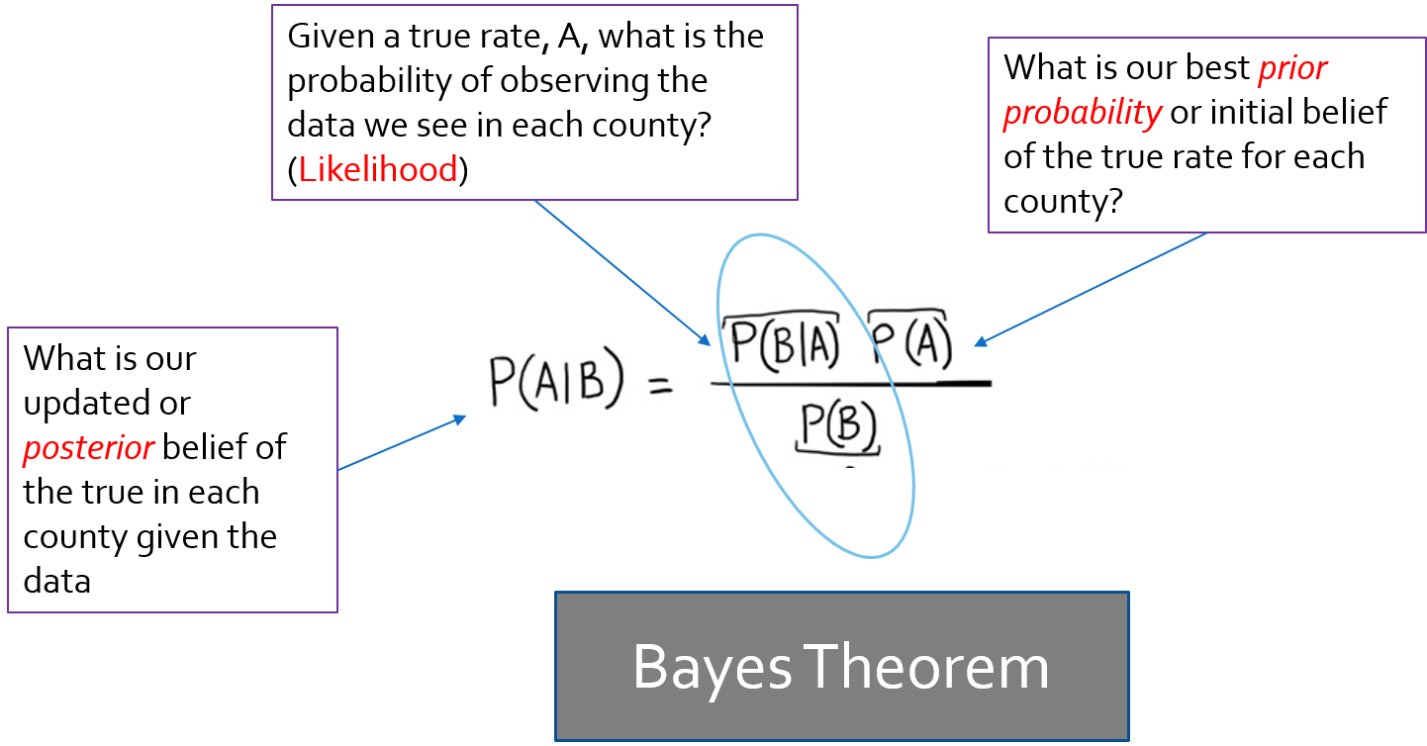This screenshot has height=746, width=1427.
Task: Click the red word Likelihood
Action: [378, 169]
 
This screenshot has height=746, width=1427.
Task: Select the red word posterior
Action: [88, 448]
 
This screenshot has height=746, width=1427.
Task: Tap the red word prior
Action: [1291, 69]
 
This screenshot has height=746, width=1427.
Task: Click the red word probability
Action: [1082, 113]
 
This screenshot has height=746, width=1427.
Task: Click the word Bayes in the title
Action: [712, 667]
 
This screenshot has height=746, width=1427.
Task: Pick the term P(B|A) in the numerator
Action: [784, 343]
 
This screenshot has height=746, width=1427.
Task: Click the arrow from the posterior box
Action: [401, 444]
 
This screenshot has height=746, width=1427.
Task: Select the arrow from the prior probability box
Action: [1094, 288]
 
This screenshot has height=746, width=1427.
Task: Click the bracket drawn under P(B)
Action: [838, 452]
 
